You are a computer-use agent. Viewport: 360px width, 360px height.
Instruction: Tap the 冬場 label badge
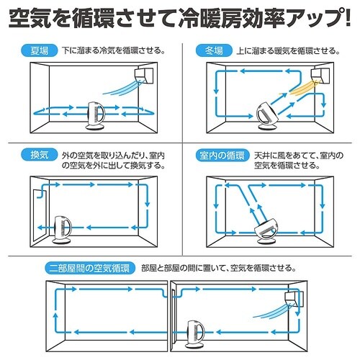[214, 51]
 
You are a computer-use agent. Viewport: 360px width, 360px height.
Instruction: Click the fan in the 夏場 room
[95, 115]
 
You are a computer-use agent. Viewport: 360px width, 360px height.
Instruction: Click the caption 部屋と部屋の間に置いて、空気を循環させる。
[238, 267]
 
